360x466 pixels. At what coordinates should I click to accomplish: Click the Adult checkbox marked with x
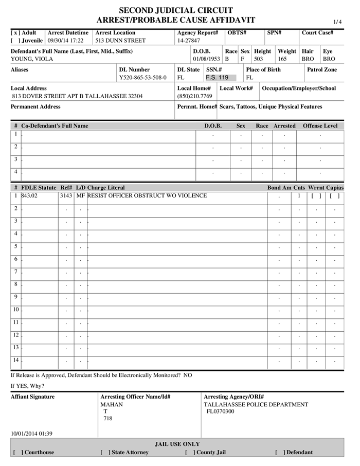click(14, 32)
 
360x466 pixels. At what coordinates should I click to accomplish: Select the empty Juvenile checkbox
click(14, 41)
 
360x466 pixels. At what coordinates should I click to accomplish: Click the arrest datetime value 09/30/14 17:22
click(65, 41)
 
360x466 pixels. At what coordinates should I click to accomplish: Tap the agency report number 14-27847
click(189, 41)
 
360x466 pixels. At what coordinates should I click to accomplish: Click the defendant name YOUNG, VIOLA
click(32, 59)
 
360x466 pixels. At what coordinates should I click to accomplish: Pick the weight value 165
click(283, 59)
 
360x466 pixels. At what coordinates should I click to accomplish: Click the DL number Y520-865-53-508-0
click(142, 78)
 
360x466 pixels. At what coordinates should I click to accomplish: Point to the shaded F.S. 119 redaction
click(217, 78)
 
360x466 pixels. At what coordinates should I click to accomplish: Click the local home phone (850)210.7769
click(194, 96)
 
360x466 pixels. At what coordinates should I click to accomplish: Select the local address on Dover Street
click(77, 96)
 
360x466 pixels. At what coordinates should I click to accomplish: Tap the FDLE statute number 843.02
click(30, 196)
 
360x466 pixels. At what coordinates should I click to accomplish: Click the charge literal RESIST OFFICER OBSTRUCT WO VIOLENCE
click(147, 196)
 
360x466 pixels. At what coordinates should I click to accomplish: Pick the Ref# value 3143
click(66, 196)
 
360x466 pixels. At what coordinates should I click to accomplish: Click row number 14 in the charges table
click(15, 360)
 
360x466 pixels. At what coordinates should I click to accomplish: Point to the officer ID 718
click(107, 419)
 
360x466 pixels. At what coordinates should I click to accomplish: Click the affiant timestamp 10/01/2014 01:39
click(31, 434)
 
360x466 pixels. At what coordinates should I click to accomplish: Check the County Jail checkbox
click(190, 453)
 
